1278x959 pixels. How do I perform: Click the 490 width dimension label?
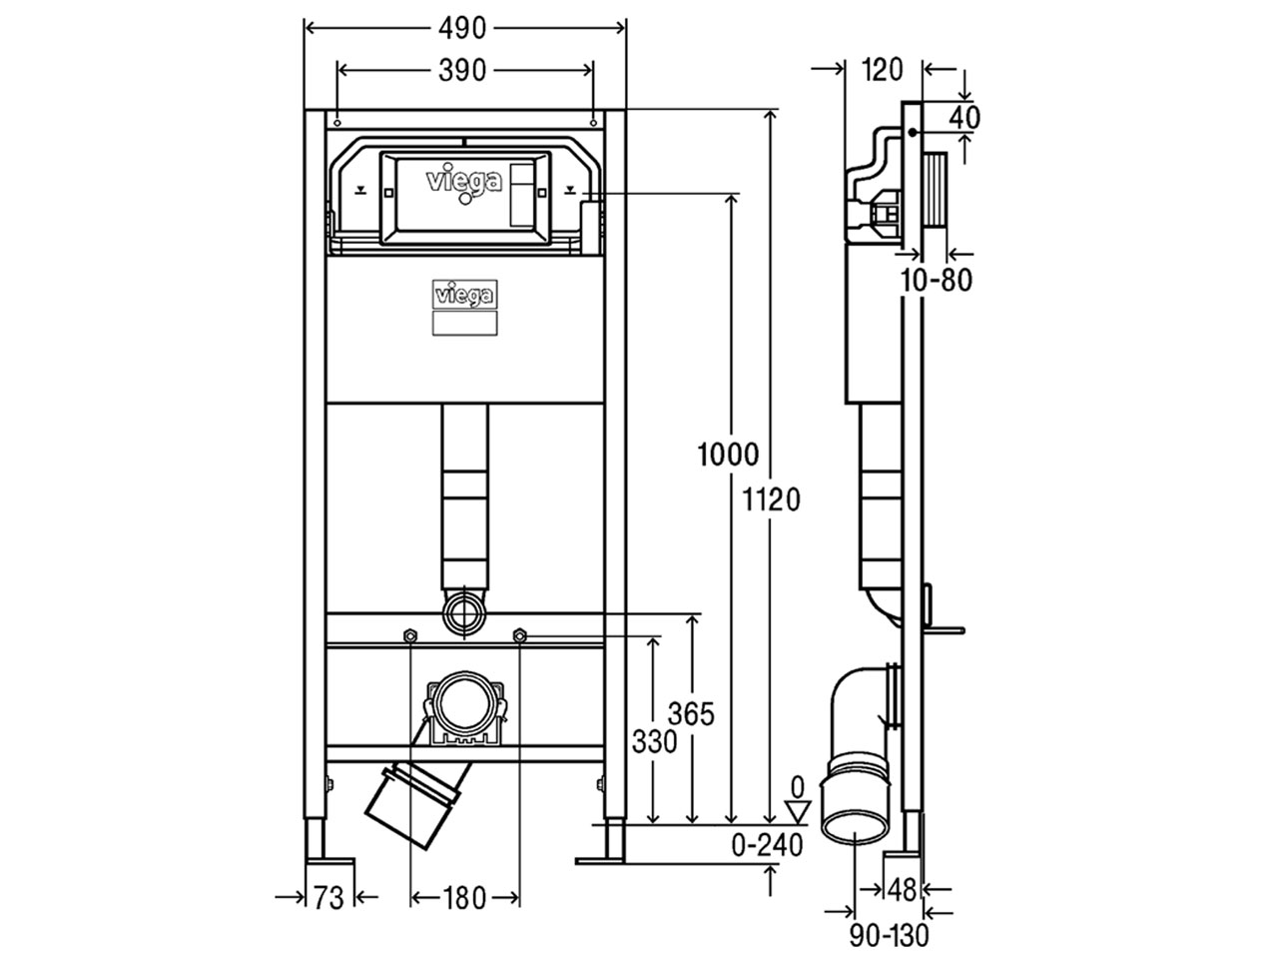461,28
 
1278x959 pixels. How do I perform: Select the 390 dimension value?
461,70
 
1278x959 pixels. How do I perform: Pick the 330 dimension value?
654,741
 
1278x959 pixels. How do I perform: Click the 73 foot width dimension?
328,898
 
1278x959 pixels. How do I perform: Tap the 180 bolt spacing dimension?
463,898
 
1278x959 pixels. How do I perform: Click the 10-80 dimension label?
935,281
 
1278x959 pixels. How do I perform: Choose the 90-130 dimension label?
889,935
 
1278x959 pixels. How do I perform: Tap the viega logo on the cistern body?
464,296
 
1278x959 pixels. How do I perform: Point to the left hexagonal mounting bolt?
409,636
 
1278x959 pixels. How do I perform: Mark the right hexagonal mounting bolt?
519,636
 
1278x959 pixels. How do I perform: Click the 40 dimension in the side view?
963,117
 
